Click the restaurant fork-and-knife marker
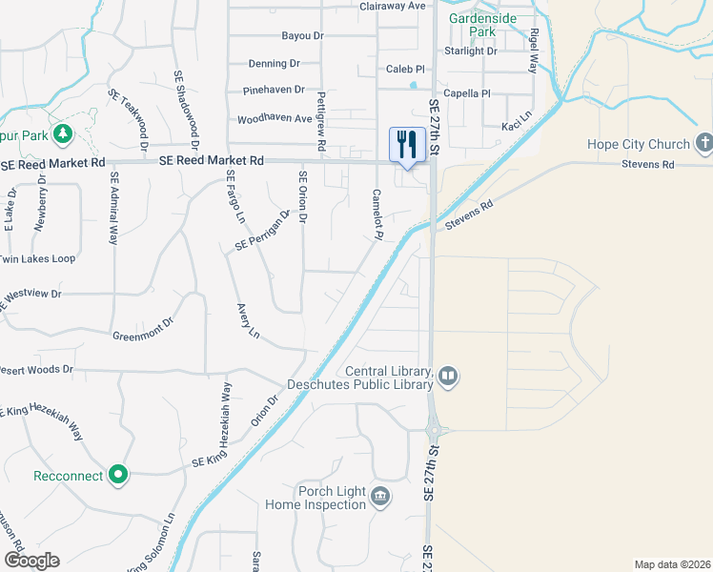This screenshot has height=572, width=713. tap(407, 145)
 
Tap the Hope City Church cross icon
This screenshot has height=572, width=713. tap(704, 144)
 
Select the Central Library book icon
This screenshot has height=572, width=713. tap(448, 378)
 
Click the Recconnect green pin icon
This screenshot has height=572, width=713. tap(118, 474)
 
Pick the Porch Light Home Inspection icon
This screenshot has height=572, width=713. tap(380, 497)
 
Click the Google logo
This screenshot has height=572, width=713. tap(32, 560)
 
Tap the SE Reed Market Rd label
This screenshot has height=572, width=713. tap(212, 162)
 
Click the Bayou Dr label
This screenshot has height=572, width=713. tap(303, 36)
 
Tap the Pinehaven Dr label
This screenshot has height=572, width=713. tap(274, 90)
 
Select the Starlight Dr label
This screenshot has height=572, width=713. tap(471, 51)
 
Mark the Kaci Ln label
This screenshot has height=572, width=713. tap(516, 127)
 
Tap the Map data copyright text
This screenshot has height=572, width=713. tap(673, 563)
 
